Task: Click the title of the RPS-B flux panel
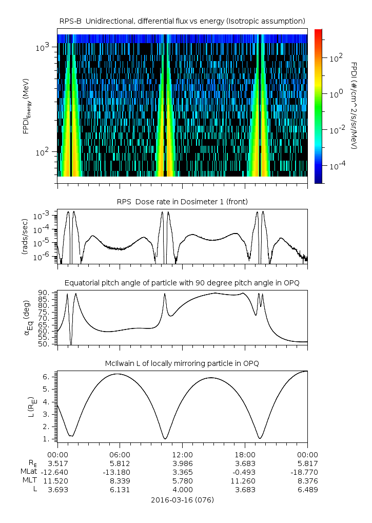[x=182, y=21]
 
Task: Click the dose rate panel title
[x=182, y=202]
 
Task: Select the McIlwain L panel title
[x=182, y=363]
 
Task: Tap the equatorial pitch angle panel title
[x=182, y=283]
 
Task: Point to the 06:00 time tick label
[x=120, y=455]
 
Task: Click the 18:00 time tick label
[x=245, y=455]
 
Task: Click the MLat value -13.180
[x=120, y=471]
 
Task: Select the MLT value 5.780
[x=182, y=480]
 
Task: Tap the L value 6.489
[x=307, y=490]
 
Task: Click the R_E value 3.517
[x=57, y=463]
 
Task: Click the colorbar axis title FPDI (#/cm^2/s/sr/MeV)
[x=354, y=106]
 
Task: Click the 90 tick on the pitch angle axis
[x=45, y=293]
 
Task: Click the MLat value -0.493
[x=245, y=471]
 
